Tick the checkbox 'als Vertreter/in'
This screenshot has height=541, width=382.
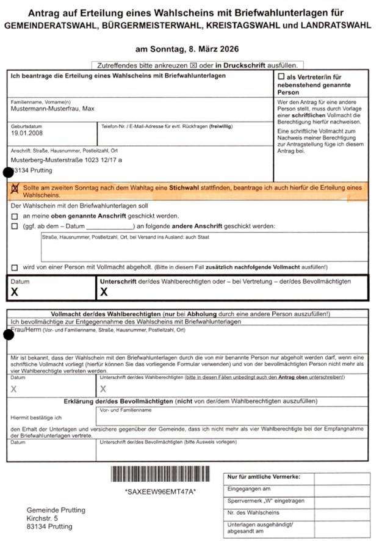[x=281, y=77]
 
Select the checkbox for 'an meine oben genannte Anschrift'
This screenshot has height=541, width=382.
[x=15, y=216]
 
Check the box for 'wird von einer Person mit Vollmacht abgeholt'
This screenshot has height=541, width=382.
[x=15, y=267]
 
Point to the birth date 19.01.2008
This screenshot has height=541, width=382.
[x=25, y=133]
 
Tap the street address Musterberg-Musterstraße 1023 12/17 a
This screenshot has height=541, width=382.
[x=67, y=159]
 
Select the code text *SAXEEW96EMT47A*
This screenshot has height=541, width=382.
[x=160, y=492]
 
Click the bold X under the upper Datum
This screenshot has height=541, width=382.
[x=15, y=292]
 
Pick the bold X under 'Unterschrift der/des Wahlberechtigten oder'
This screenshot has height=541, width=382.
[x=104, y=292]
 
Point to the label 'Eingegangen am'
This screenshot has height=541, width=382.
[x=248, y=489]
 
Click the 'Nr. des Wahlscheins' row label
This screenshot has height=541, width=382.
[x=253, y=512]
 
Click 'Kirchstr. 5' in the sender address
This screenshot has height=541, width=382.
[x=45, y=518]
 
